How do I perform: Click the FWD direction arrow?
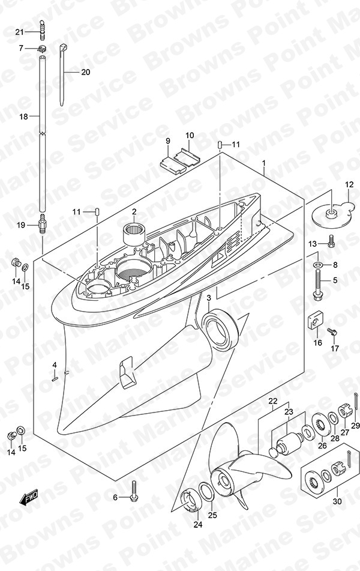(28, 497)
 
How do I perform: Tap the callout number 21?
(20, 32)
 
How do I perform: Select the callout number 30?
(337, 501)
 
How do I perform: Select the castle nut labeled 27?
(345, 411)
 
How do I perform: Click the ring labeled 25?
(206, 491)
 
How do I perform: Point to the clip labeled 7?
(43, 47)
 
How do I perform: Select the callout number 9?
(168, 140)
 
